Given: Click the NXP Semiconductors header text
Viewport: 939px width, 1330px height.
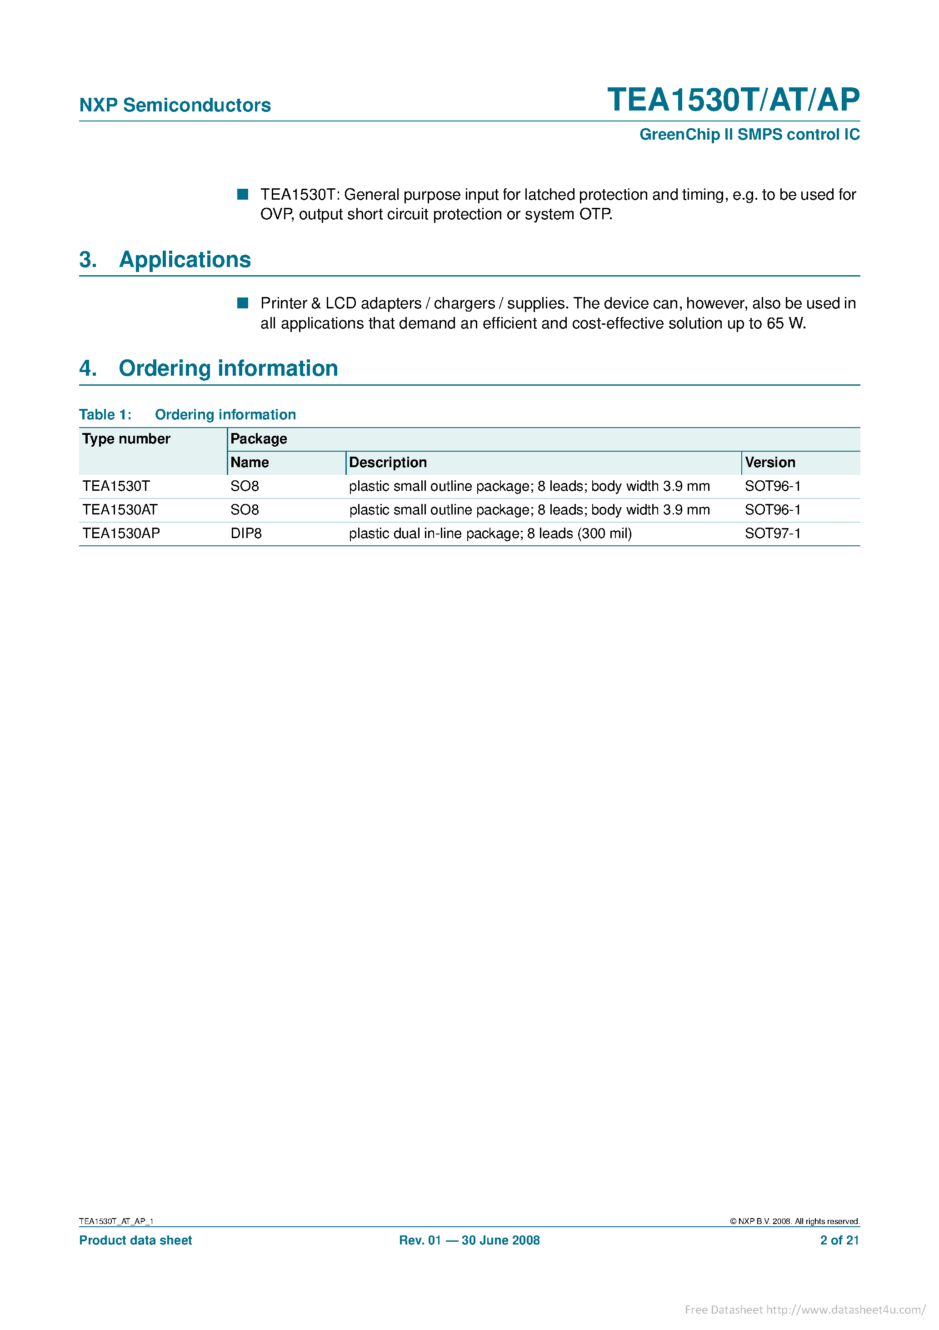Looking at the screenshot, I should click(x=175, y=105).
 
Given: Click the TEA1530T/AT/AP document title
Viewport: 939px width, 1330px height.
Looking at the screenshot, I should click(x=733, y=100).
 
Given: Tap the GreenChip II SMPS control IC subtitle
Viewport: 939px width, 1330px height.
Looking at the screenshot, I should click(x=749, y=134).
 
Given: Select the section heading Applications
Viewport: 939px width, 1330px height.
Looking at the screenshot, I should click(x=185, y=260).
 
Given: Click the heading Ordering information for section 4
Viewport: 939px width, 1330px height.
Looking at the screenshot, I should click(x=228, y=368).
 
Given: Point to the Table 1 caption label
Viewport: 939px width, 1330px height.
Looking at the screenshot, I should click(x=105, y=415).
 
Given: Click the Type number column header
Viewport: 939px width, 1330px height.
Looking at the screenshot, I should click(x=126, y=439).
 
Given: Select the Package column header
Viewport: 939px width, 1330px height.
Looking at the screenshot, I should click(x=259, y=439).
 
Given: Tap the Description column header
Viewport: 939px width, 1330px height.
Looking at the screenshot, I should click(x=388, y=463).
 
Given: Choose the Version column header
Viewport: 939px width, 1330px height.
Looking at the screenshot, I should click(x=770, y=463).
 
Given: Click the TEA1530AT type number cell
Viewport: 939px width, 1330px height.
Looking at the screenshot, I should click(x=120, y=510).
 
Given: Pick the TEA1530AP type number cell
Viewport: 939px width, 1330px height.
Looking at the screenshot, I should click(x=121, y=534).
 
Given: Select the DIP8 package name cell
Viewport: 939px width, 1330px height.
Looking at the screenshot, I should click(x=246, y=534).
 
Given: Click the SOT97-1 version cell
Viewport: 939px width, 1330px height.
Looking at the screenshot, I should click(x=772, y=534).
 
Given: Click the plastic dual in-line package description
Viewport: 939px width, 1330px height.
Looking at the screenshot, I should click(x=490, y=534).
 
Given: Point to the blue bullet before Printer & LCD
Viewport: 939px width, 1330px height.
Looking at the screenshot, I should click(x=243, y=303).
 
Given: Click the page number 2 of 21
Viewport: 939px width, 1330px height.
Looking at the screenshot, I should click(x=839, y=1240).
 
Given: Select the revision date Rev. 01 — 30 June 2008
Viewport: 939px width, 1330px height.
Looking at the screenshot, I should click(x=469, y=1240).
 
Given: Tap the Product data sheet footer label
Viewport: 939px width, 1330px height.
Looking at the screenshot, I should click(x=135, y=1240).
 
